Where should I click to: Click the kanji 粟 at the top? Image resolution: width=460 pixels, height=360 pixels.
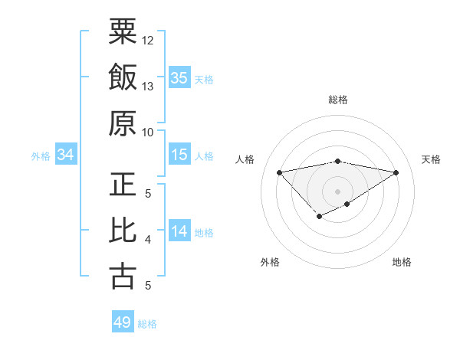[123, 32]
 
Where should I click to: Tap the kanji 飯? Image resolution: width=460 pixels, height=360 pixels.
[123, 79]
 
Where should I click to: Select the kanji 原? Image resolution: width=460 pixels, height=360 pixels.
[123, 125]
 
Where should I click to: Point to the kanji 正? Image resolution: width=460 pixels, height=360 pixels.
[123, 186]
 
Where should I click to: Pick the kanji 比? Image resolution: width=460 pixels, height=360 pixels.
[123, 232]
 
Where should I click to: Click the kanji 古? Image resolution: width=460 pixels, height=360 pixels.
[123, 277]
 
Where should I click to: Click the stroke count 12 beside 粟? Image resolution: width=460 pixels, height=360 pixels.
[148, 39]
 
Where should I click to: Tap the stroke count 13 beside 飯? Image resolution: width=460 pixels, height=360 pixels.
[148, 86]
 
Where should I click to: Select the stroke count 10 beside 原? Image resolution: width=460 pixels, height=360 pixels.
[148, 132]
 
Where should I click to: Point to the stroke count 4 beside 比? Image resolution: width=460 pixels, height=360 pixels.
[148, 240]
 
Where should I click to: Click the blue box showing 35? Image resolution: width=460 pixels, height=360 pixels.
[179, 77]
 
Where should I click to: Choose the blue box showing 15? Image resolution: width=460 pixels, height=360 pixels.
[179, 155]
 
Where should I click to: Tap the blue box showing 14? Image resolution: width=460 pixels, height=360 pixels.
[179, 231]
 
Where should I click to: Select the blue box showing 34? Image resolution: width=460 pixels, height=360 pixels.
[66, 155]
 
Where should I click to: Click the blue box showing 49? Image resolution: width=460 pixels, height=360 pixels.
[123, 322]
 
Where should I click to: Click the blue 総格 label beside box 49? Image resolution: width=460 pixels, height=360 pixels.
[147, 324]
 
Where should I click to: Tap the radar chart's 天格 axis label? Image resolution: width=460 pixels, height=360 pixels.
[431, 159]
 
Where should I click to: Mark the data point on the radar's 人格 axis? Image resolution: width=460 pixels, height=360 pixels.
[279, 172]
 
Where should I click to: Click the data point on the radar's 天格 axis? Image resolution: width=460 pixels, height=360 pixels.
[396, 172]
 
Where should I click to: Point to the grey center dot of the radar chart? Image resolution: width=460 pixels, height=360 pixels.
[337, 190]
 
